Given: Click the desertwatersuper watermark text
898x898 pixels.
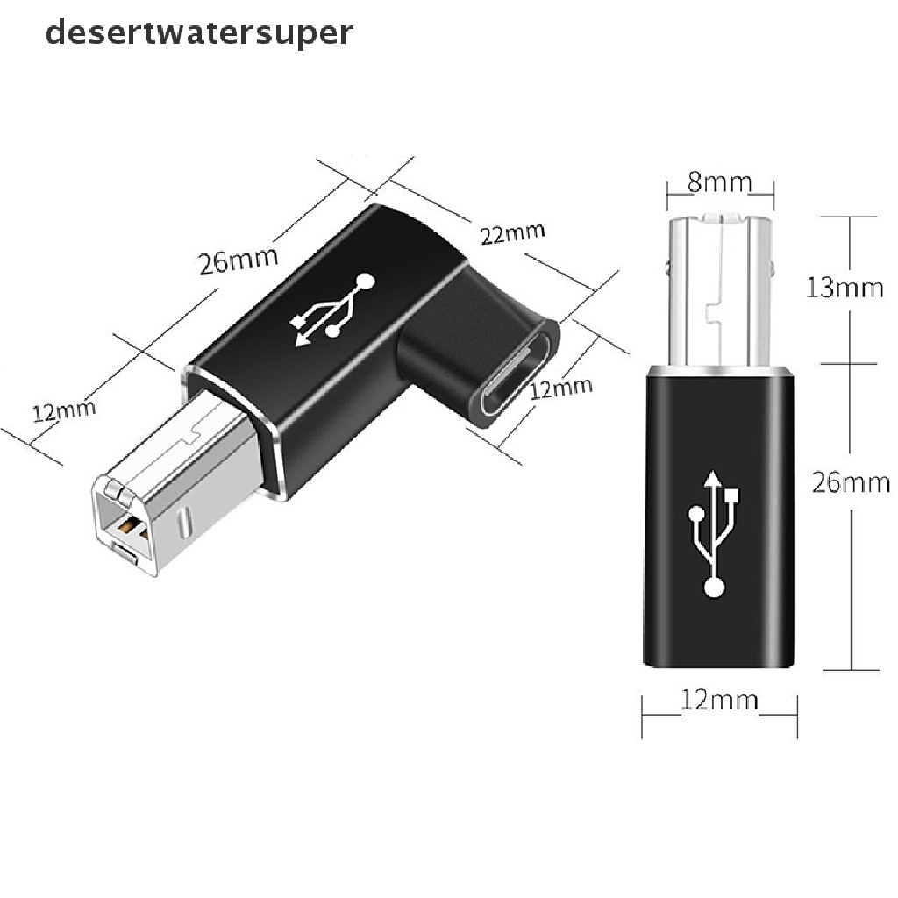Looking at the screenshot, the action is click(x=199, y=32).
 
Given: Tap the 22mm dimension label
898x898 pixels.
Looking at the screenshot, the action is click(x=512, y=233).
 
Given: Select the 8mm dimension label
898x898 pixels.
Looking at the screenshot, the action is click(x=719, y=182).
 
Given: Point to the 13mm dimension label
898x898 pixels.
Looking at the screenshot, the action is click(x=845, y=287).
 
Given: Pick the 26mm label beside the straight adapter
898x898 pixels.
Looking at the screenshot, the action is click(x=850, y=482).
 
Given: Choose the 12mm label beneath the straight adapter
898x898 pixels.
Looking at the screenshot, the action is click(x=719, y=700).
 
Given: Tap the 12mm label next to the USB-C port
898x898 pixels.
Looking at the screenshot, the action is click(x=561, y=387).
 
